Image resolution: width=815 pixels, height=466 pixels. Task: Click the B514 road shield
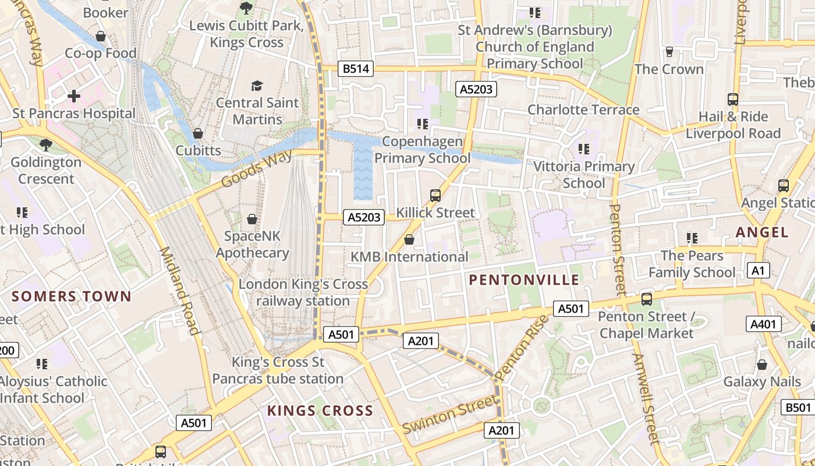[x=356, y=69]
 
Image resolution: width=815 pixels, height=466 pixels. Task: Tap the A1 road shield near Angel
[x=758, y=270]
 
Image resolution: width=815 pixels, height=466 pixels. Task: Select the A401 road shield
[x=763, y=324]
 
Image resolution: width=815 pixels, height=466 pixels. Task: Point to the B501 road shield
[x=798, y=408]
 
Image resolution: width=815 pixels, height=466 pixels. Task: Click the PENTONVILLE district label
[x=524, y=280]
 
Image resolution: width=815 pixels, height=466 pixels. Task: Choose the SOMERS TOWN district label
[x=72, y=296]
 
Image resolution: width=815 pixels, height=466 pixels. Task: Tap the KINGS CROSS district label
[x=320, y=411]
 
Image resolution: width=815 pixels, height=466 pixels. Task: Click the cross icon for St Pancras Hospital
[x=74, y=96]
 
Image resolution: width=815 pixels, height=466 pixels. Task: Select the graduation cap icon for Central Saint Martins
[x=257, y=86]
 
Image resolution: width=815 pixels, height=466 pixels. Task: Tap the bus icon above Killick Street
[x=435, y=196]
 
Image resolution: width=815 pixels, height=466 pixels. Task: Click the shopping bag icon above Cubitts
[x=198, y=134]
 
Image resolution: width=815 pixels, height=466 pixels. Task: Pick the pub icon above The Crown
[x=669, y=52]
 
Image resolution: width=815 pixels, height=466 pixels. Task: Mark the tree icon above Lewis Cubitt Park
[x=246, y=8]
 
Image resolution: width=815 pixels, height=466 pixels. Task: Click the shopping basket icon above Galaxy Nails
[x=761, y=365]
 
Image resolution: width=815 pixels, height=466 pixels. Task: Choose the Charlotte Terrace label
[x=583, y=110]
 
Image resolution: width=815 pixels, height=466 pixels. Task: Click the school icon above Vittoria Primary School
[x=584, y=149]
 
